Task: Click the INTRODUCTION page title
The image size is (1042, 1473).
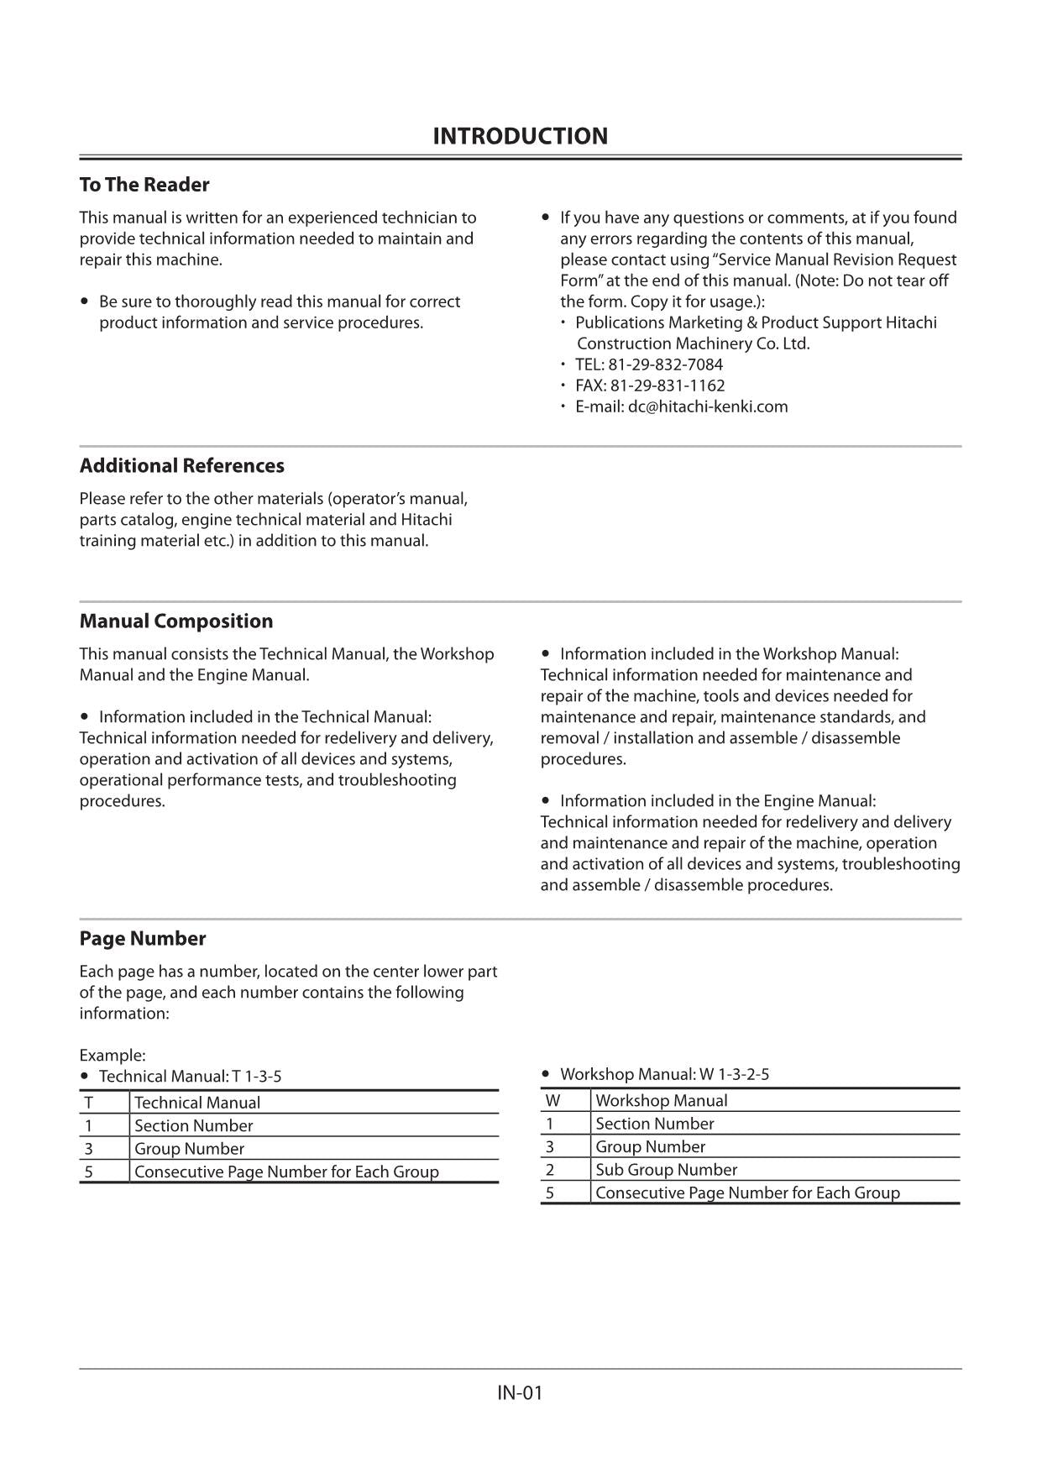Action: (520, 136)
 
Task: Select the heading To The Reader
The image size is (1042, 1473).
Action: (144, 185)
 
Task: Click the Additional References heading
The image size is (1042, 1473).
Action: (181, 466)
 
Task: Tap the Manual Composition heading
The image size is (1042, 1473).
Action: (176, 621)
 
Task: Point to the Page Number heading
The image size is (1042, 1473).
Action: (143, 939)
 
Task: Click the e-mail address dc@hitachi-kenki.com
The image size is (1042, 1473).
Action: (708, 406)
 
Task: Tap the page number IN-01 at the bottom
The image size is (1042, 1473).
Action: (520, 1393)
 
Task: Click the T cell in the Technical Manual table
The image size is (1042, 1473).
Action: (89, 1103)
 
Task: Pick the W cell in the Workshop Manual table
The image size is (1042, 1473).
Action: (552, 1101)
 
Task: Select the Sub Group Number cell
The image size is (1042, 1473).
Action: (666, 1170)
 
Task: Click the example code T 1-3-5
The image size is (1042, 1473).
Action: (257, 1077)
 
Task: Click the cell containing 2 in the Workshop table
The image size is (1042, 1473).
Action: (550, 1170)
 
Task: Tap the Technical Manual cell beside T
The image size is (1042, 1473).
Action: (197, 1103)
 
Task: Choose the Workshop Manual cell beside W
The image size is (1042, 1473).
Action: (662, 1101)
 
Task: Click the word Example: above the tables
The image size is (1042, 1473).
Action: (113, 1056)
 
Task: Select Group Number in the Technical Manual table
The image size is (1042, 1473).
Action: (189, 1149)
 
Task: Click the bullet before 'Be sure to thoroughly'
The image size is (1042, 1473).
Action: (85, 301)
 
